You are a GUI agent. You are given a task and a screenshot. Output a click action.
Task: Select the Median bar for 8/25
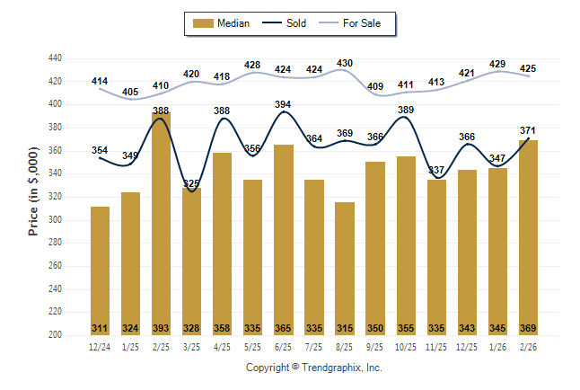[345, 269]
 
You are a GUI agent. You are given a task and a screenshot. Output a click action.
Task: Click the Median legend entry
[222, 23]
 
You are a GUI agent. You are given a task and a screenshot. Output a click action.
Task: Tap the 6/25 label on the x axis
[283, 346]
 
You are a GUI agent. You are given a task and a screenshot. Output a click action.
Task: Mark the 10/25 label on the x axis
[406, 346]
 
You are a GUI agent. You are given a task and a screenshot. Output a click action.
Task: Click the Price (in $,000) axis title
[33, 196]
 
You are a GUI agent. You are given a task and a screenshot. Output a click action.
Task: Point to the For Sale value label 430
[345, 63]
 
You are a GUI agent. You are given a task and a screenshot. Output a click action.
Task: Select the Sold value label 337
[436, 170]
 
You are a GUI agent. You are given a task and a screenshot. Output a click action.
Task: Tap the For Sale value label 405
[130, 92]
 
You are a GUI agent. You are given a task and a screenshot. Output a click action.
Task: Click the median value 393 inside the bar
[161, 328]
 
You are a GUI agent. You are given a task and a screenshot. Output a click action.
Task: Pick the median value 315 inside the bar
[345, 328]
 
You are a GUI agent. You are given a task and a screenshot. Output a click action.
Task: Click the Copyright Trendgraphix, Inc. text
[314, 368]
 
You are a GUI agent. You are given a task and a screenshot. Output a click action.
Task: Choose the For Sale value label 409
[375, 87]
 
